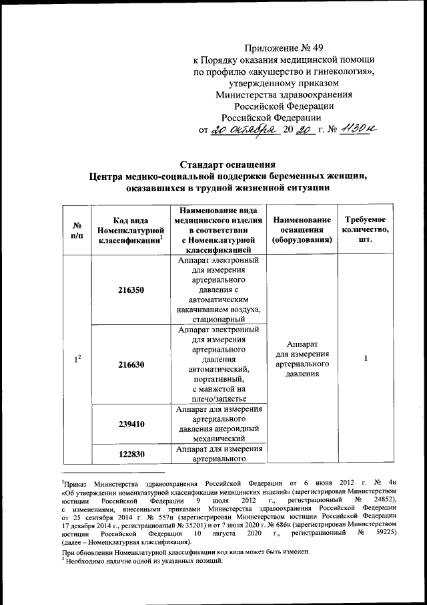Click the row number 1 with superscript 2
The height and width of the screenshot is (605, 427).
click(77, 360)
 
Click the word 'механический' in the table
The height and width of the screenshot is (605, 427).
click(219, 439)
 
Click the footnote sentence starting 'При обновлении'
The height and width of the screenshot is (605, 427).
click(186, 553)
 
